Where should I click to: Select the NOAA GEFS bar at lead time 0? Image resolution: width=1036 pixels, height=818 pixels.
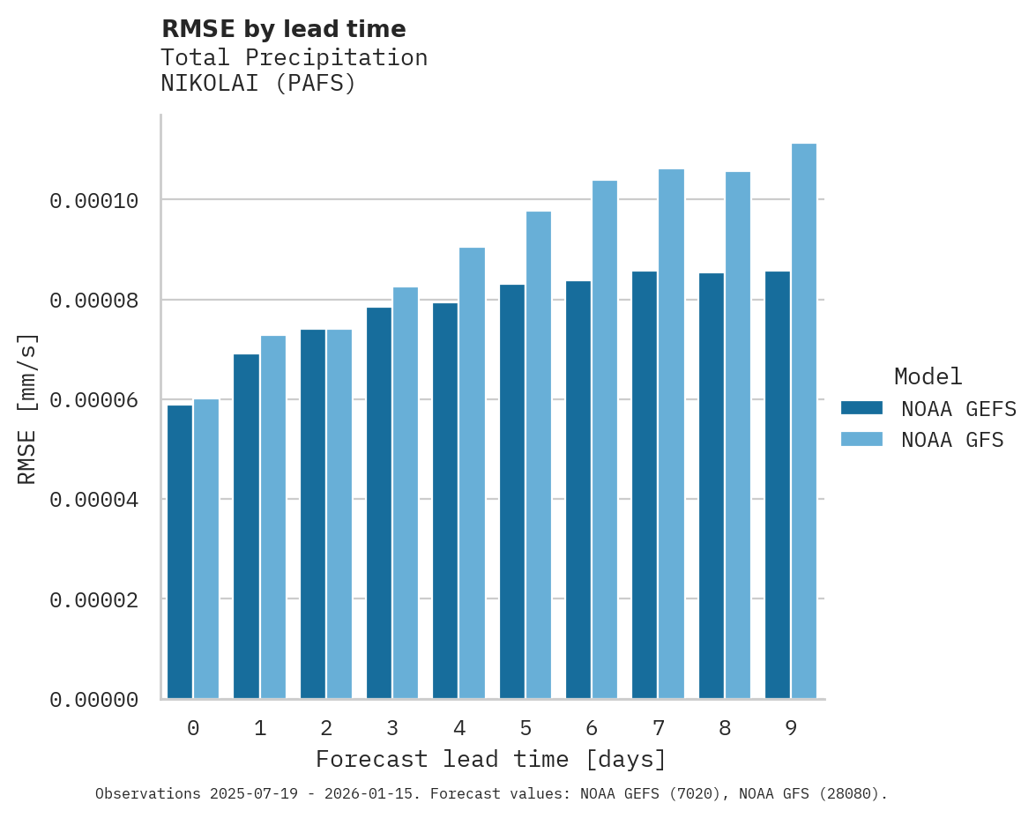[x=180, y=552]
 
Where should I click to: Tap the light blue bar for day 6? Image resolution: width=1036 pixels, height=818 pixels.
[x=605, y=440]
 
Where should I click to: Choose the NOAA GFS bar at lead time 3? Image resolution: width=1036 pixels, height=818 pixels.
[x=406, y=493]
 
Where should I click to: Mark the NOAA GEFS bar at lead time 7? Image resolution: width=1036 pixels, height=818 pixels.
[x=645, y=485]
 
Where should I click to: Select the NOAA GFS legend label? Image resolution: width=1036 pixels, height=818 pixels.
[x=952, y=439]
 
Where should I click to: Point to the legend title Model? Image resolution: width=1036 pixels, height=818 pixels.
[x=928, y=376]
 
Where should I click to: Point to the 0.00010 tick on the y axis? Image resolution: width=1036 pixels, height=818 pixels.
[x=94, y=201]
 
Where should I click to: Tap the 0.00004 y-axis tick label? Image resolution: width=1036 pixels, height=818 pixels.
[x=94, y=500]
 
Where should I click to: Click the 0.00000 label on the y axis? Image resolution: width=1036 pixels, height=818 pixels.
[x=94, y=700]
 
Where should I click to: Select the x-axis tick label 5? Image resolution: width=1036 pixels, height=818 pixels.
[x=525, y=729]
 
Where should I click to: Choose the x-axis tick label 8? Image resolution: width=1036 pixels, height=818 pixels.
[x=725, y=729]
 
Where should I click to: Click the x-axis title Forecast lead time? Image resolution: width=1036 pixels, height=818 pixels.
[x=491, y=759]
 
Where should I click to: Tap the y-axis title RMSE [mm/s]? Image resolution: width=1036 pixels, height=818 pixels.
[x=27, y=409]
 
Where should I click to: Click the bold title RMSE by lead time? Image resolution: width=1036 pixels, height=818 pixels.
[x=283, y=29]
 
